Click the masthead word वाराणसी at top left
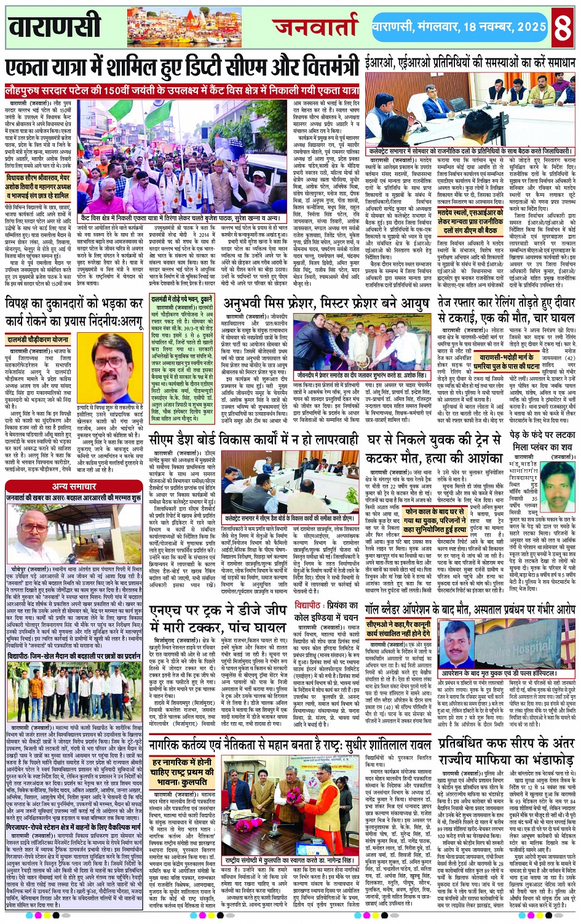point(55,26)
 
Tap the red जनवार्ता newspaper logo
point(315,26)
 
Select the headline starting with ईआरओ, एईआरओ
point(469,63)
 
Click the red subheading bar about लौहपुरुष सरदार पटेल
point(182,90)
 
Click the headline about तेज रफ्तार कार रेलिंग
point(507,309)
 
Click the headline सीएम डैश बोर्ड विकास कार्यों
point(253,440)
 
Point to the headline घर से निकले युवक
point(435,448)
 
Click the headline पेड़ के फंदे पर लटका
point(543,440)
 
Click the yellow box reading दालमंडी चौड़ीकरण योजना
point(38,339)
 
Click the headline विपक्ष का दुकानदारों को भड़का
point(74,312)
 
